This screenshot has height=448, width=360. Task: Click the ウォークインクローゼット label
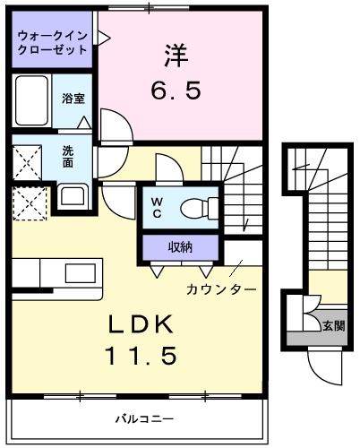coord(52,43)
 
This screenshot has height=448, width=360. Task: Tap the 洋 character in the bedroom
coord(176,56)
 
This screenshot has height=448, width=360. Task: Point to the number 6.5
coord(176,90)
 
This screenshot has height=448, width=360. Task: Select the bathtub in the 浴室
coord(31,100)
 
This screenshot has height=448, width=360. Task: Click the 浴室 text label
coord(73,99)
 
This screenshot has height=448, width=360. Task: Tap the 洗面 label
coord(68,157)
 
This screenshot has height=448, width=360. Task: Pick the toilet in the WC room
coord(200,208)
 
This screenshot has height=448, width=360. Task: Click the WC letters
coord(157,207)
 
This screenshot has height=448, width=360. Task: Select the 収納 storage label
coord(180,247)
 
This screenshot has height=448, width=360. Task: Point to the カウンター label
coord(221,289)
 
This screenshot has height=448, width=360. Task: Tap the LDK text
coord(141,324)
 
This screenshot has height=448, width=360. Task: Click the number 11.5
coord(141,356)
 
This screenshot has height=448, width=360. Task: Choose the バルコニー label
coord(144,418)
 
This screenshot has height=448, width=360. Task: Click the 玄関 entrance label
coord(334,326)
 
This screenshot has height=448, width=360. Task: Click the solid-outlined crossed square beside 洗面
coord(27,163)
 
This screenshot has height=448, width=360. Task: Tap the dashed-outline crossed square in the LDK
coord(30,203)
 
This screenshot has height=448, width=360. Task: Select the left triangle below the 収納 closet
coord(157,271)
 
